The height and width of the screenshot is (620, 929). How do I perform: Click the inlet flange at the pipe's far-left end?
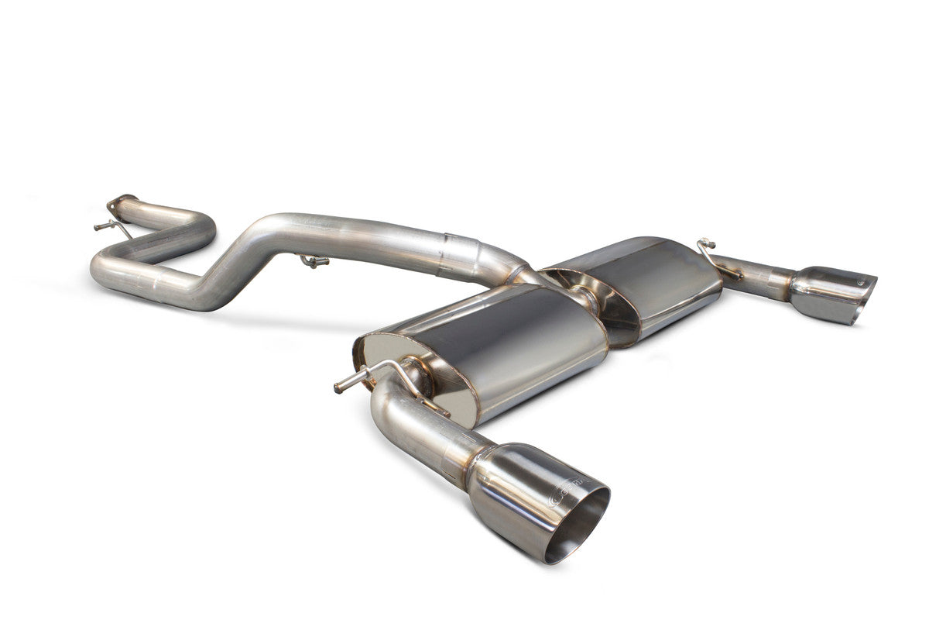tap(121, 200)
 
